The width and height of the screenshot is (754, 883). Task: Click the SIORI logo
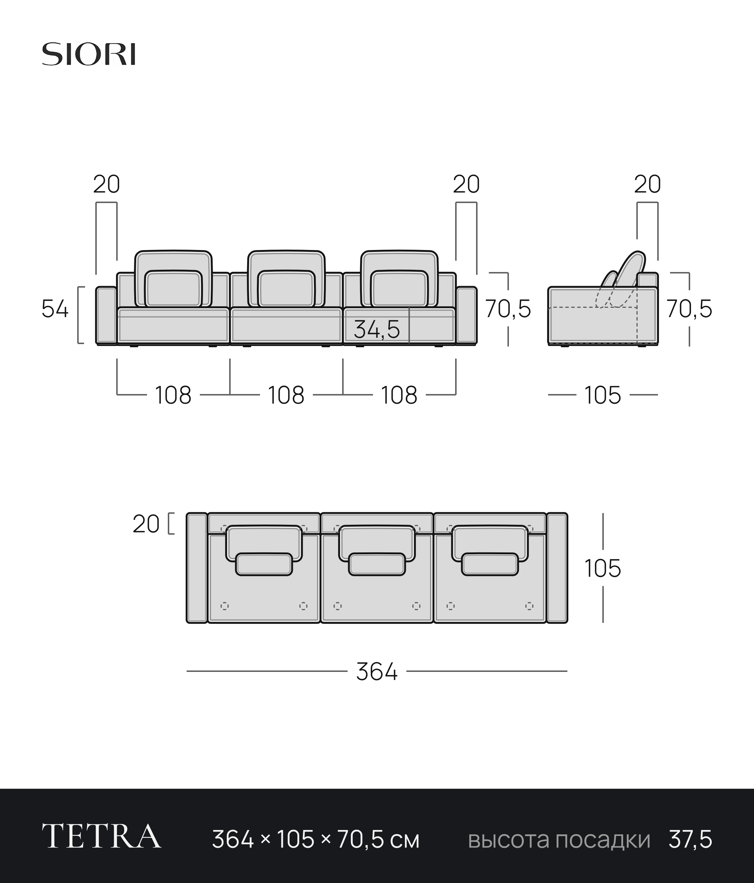[x=89, y=54]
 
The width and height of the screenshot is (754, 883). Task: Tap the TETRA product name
[x=101, y=836]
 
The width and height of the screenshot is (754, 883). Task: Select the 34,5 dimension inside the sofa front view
[x=377, y=329]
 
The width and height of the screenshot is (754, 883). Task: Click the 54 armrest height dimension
[x=55, y=309]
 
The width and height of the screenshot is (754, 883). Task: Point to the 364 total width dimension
[x=377, y=672]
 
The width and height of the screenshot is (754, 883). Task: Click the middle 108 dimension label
[x=286, y=395]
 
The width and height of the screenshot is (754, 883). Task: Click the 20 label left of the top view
[x=146, y=524]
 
